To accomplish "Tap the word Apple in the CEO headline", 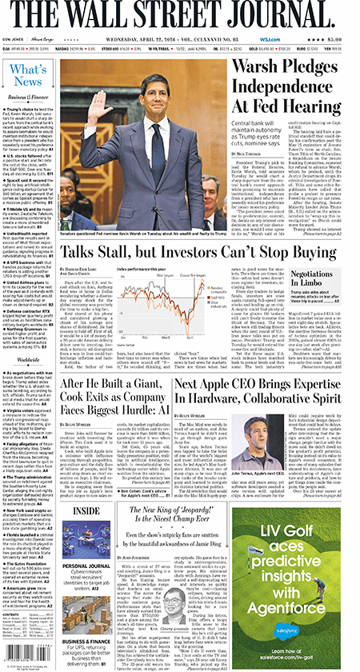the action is pos(255,385).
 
